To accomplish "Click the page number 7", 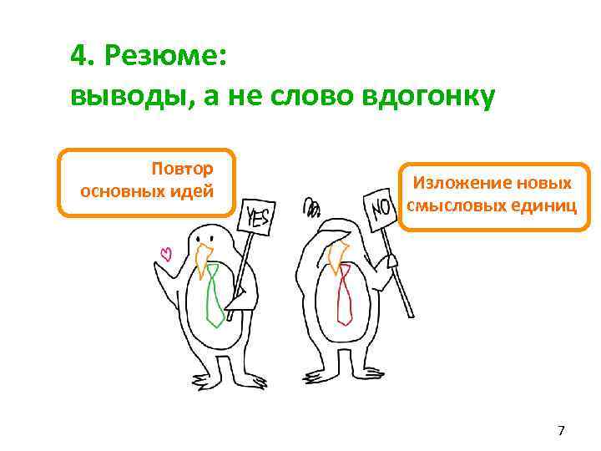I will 561,431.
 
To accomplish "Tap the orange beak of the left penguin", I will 202,260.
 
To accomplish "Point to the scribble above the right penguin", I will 311,206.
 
